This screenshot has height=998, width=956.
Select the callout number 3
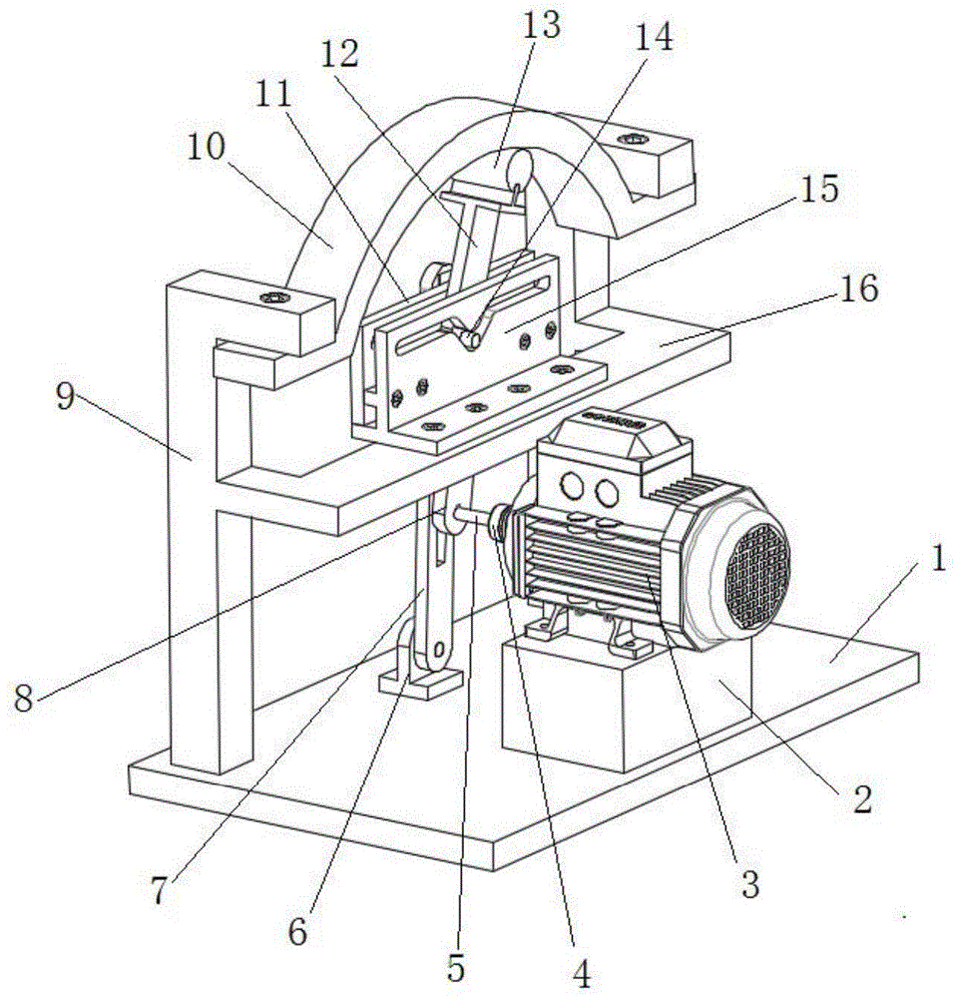point(749,883)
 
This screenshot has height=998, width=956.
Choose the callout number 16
point(857,289)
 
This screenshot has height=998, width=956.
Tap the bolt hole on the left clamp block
point(272,298)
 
